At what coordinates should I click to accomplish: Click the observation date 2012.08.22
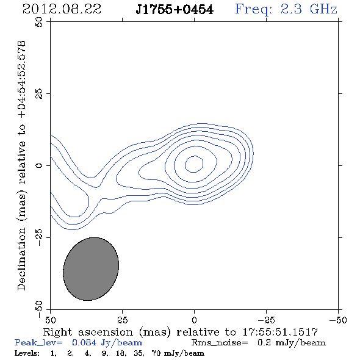[62, 9]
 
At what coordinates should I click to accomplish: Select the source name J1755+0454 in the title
[175, 10]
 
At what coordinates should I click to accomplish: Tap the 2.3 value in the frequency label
[291, 9]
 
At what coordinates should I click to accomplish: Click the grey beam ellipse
[91, 269]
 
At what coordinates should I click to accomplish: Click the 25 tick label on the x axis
[123, 320]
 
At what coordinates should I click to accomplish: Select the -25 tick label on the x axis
[266, 320]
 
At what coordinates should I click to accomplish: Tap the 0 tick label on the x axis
[194, 320]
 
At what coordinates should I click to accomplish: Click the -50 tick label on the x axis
[338, 320]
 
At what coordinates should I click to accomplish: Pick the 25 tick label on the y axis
[39, 94]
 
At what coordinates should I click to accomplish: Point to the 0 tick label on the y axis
[39, 165]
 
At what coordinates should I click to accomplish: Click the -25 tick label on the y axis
[39, 237]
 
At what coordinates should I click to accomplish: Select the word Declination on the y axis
[21, 259]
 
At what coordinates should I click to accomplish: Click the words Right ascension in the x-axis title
[88, 332]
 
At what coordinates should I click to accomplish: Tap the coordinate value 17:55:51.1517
[280, 332]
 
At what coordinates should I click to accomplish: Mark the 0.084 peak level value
[84, 342]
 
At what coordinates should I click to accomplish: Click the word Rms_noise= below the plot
[220, 343]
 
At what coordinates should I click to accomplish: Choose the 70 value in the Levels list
[156, 353]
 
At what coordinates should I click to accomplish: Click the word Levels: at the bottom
[27, 353]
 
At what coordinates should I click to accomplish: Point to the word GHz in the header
[323, 9]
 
